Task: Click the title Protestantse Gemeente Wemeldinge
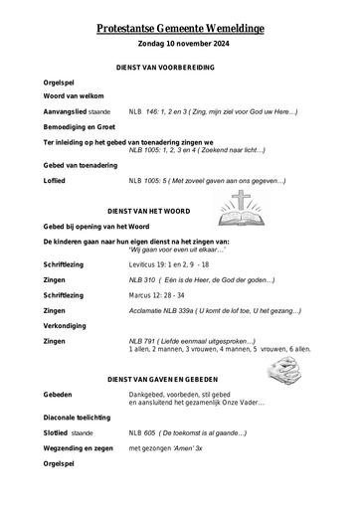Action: click(x=180, y=32)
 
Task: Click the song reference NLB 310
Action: click(x=143, y=281)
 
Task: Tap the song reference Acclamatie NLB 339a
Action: click(x=162, y=310)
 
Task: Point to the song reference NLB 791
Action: click(x=143, y=341)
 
